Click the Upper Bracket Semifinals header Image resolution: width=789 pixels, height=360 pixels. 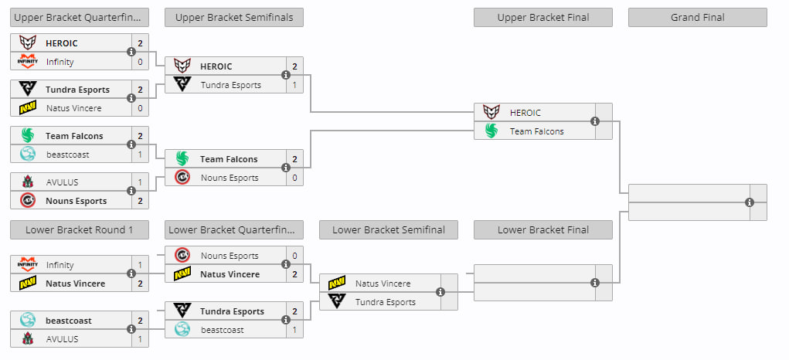pos(234,18)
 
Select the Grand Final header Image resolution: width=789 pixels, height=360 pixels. pos(697,18)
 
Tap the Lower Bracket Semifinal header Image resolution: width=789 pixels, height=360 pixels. pos(389,229)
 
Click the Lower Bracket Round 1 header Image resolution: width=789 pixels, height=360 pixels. pos(80,229)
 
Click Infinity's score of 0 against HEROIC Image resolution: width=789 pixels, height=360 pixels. pos(140,62)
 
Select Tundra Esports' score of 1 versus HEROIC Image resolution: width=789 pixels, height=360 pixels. pos(294,85)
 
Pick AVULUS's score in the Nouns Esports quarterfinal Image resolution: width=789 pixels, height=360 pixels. pos(140,182)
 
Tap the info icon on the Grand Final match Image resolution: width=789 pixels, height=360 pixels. pos(750,202)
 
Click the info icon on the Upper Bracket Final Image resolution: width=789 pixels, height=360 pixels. pos(595,121)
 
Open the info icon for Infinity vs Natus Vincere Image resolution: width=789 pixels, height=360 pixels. pos(131,273)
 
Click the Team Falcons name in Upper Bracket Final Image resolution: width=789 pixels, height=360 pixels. pos(537,131)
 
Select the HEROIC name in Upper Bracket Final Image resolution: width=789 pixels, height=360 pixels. pos(525,113)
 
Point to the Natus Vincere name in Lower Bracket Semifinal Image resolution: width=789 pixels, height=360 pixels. pos(383,284)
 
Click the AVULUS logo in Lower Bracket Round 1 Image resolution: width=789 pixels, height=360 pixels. pos(28,339)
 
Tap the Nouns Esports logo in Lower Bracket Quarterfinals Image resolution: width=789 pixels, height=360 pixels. pos(182,256)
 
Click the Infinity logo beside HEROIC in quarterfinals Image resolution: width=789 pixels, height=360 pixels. pos(28,62)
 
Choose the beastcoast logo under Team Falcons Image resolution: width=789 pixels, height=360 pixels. pos(28,155)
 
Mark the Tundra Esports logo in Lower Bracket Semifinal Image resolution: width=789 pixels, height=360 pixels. pos(337,302)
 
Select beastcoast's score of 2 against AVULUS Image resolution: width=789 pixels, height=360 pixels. pos(140,321)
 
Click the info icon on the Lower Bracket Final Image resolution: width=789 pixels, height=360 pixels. pos(595,283)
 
